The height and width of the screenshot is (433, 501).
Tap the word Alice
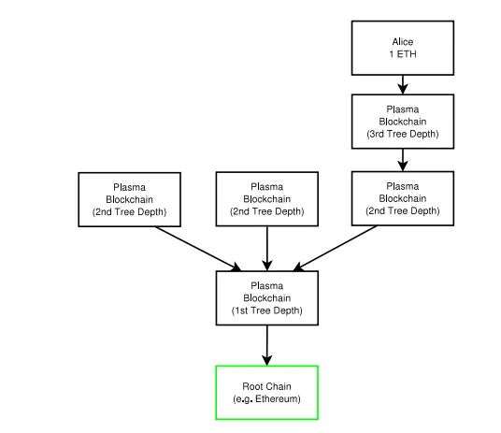(403, 42)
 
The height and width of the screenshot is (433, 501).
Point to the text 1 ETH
(403, 54)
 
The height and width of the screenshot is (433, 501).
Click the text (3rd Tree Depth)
(403, 134)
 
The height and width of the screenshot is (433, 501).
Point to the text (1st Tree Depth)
(266, 310)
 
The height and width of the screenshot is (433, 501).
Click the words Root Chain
(266, 386)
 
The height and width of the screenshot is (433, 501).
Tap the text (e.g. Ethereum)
(266, 398)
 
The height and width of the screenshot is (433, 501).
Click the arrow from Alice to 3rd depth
(403, 85)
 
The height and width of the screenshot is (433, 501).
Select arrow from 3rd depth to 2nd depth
(403, 160)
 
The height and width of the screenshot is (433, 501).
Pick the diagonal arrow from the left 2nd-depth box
(198, 249)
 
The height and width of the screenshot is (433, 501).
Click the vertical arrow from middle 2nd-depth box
(266, 249)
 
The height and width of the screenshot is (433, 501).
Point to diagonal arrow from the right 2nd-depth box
(335, 249)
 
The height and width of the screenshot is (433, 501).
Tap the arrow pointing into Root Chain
(266, 345)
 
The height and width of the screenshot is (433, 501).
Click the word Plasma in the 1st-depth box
(266, 285)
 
